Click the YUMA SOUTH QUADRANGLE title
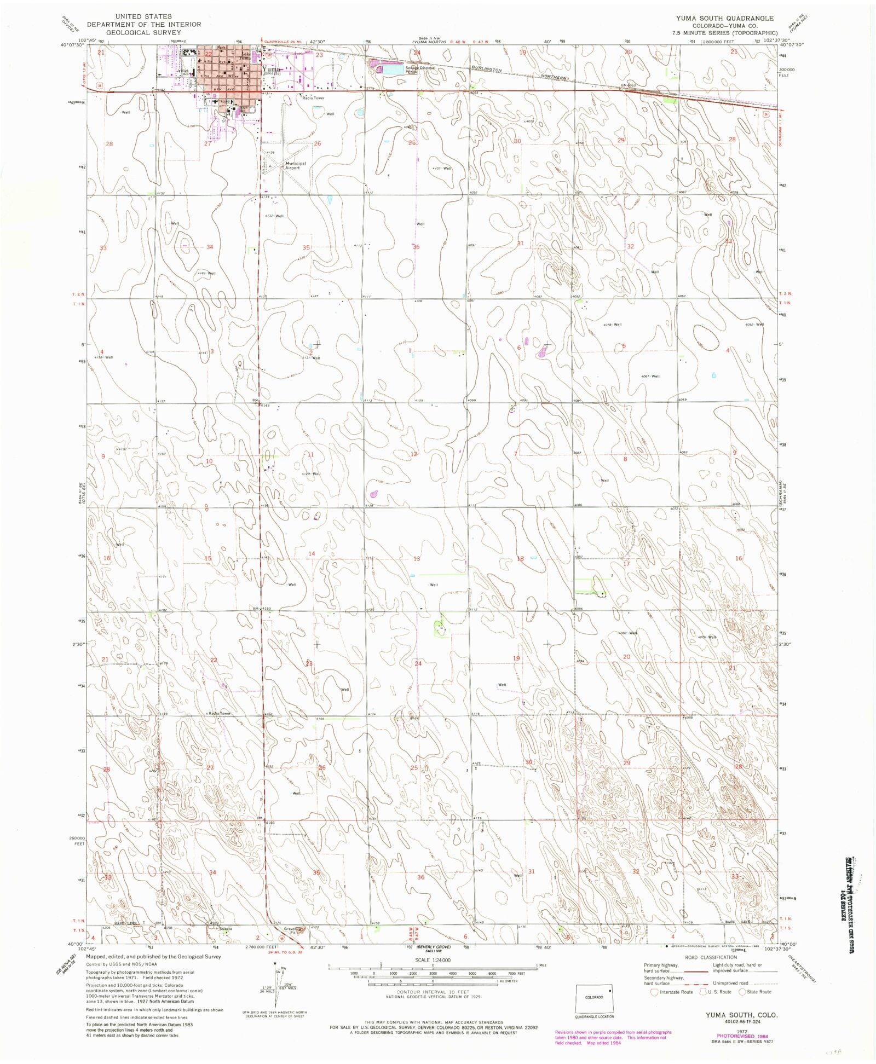click(724, 18)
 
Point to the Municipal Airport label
click(295, 165)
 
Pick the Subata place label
click(226, 929)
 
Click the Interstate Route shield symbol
click(654, 992)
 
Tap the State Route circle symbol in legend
click(742, 992)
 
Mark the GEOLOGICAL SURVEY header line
click(143, 32)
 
